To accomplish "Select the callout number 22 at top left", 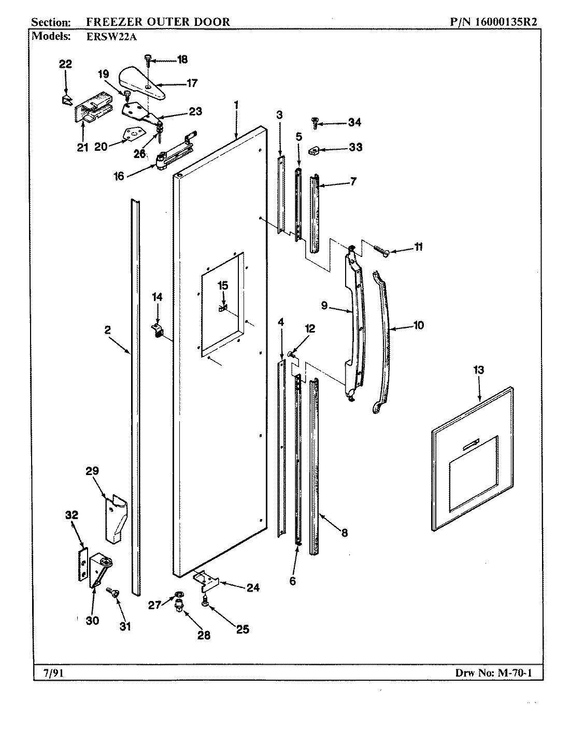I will point(65,64).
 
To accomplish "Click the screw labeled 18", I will point(148,61).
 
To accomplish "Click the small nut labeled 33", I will point(313,151).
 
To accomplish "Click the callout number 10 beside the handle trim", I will point(418,325).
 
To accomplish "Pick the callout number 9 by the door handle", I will point(324,306).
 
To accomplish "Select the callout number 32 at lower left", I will point(72,515).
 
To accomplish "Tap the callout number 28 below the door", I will point(204,635).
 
